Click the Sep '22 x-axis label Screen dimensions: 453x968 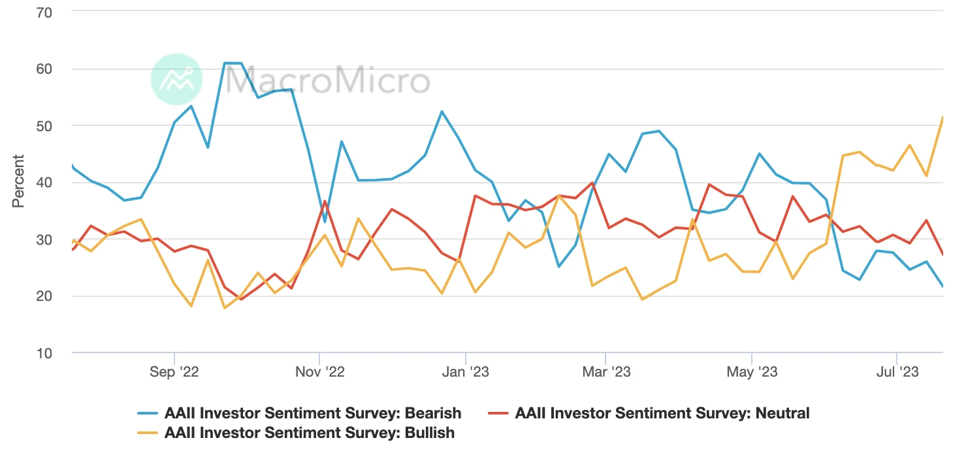(x=174, y=372)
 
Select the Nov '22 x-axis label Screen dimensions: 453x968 (x=319, y=372)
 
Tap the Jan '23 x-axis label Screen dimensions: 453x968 (x=465, y=372)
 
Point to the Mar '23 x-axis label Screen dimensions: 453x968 (x=605, y=372)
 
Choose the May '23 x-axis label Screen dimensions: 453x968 (x=752, y=372)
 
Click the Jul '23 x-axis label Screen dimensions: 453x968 (x=897, y=372)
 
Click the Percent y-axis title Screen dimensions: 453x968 (x=18, y=181)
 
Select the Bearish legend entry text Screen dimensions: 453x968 (x=313, y=413)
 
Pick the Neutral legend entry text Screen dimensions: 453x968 (x=662, y=413)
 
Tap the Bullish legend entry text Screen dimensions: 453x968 (x=310, y=432)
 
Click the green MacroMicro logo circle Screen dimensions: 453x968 (x=176, y=80)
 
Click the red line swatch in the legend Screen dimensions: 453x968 (x=498, y=413)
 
